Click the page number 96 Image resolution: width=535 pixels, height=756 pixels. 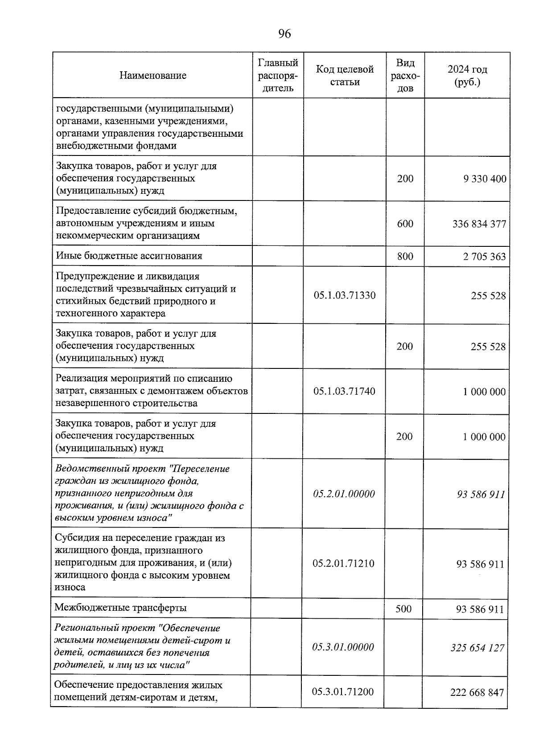coord(284,34)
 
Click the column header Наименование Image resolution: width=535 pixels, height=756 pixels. coord(152,75)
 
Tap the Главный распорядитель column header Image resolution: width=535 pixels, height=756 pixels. coord(278,75)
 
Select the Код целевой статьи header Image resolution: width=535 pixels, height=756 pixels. coord(345,75)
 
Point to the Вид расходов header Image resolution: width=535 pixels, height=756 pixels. coord(405,75)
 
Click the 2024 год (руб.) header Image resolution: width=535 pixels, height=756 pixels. coord(467,76)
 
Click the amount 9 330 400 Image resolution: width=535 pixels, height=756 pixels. coord(485,179)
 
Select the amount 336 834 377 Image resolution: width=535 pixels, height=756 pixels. coord(479,224)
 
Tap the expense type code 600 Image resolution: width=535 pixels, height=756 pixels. coord(405,224)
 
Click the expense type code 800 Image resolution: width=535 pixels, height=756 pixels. coord(405,256)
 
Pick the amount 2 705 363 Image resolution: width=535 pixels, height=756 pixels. coord(485,256)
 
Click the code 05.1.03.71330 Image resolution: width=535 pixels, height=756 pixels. coord(344,295)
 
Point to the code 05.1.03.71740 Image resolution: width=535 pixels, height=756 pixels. coord(344,392)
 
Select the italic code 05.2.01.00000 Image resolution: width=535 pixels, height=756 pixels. coord(344,494)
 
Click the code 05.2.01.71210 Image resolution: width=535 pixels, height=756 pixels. coord(343,564)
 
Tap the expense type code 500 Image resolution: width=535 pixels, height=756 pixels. coord(403,609)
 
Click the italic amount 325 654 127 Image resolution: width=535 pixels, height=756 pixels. coord(477,647)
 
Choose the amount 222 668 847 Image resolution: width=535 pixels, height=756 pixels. coord(477,692)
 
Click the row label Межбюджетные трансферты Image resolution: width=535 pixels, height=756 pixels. coord(120,608)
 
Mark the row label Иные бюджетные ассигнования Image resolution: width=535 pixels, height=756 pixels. coord(129,256)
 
